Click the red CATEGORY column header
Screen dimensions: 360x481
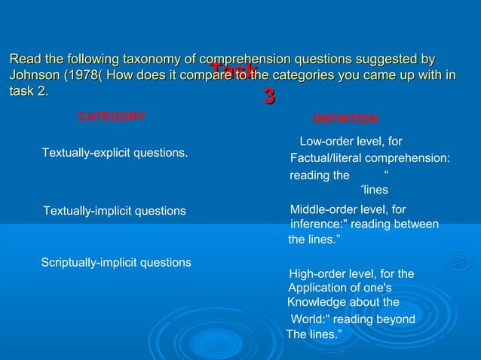pos(112,117)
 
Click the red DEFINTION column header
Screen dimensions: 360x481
pos(345,119)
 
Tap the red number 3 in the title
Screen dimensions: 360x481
pos(268,96)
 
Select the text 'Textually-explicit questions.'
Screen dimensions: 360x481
pos(115,153)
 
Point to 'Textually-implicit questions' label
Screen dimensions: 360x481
pos(115,211)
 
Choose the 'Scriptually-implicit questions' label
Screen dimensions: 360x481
pos(115,262)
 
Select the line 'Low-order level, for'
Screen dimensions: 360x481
pos(351,141)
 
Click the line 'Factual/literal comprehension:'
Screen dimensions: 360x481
pos(370,158)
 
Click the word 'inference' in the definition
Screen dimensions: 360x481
pos(316,224)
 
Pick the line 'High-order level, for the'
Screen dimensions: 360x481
pos(351,273)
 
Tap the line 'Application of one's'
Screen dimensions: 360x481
pos(340,288)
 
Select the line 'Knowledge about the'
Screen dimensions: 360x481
pos(343,302)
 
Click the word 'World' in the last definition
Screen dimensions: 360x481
pos(307,319)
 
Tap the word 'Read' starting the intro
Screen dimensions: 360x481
pos(23,59)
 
